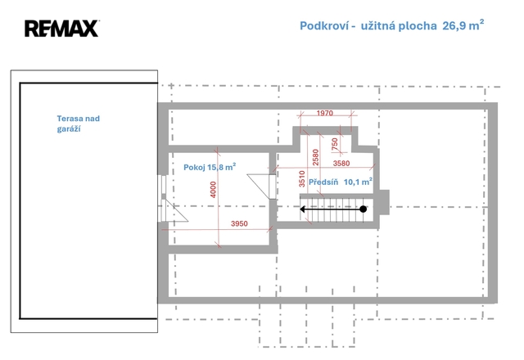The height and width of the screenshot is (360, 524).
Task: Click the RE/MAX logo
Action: [62, 29]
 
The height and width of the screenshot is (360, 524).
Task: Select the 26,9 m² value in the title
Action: [463, 25]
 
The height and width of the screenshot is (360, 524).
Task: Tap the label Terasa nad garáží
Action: [79, 124]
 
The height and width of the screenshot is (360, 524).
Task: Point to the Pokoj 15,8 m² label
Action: [210, 167]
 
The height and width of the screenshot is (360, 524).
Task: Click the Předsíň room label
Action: [323, 182]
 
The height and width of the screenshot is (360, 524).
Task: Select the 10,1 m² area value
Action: [359, 182]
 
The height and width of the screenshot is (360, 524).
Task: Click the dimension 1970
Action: [325, 113]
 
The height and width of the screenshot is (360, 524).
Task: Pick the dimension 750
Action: [335, 144]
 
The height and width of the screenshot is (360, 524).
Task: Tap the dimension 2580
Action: [315, 157]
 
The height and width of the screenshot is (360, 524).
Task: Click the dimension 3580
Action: [341, 164]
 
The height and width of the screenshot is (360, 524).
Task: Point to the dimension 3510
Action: [302, 178]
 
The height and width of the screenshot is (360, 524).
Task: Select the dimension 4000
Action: [213, 190]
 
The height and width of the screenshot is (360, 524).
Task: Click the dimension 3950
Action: [239, 223]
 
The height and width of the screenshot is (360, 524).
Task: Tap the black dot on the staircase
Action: [364, 209]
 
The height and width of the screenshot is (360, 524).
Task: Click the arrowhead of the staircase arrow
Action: [303, 209]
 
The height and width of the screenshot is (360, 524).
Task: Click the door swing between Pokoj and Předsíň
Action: [259, 187]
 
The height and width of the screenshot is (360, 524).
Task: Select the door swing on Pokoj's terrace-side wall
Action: [174, 210]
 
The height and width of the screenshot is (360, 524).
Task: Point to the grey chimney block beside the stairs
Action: [384, 202]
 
